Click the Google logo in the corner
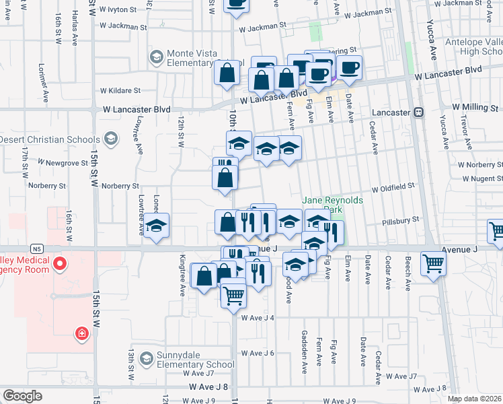click(x=22, y=396)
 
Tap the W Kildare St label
click(x=120, y=90)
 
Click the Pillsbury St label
click(x=400, y=220)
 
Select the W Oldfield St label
click(x=391, y=189)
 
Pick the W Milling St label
click(x=474, y=107)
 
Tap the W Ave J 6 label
click(x=258, y=353)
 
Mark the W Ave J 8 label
click(x=208, y=386)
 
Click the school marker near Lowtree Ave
click(x=156, y=227)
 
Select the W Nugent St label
click(x=483, y=178)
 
